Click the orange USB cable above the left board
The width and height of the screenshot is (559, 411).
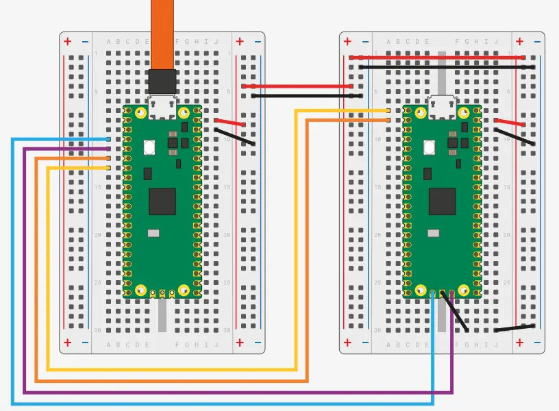(162, 34)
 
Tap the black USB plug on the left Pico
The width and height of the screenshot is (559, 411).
(162, 82)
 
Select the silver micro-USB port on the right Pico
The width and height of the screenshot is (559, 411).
(443, 107)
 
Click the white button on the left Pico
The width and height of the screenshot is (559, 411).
(149, 147)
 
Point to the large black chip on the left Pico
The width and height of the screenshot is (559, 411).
(162, 201)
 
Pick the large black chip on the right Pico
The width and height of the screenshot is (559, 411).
(442, 201)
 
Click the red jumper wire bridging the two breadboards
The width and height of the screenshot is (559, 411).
(301, 86)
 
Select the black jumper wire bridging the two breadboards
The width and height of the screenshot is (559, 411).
(301, 96)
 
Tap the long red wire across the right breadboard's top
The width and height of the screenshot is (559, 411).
(438, 58)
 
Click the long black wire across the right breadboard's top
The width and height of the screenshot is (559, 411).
(438, 67)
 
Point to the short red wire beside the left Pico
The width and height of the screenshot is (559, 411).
(231, 123)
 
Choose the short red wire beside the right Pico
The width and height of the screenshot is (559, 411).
(510, 123)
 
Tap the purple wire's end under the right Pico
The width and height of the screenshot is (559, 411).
(452, 293)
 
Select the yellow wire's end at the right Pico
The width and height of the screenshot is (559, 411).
(388, 110)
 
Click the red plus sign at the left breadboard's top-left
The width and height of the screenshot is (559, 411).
(67, 42)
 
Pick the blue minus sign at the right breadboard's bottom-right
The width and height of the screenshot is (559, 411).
(536, 342)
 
